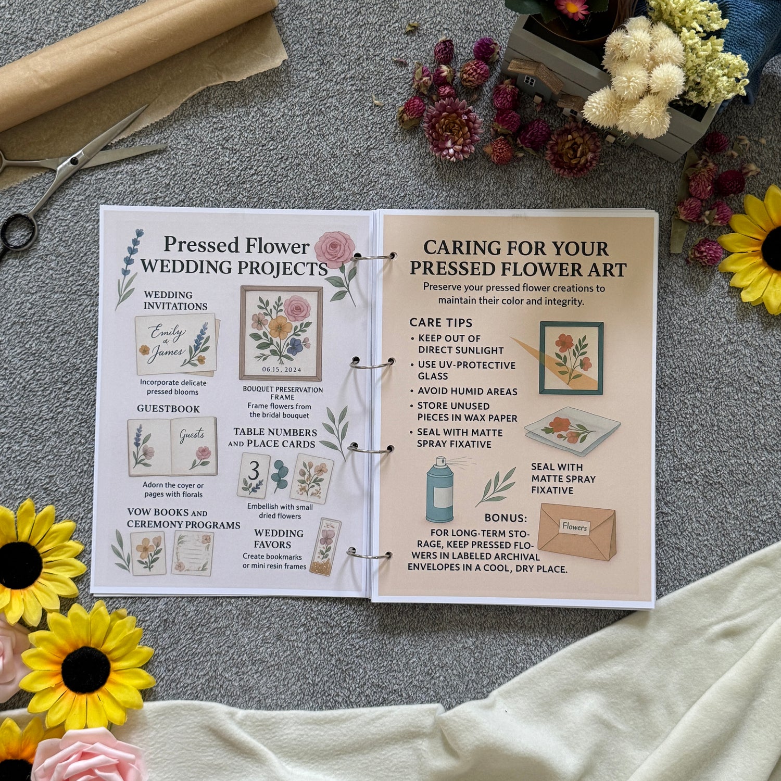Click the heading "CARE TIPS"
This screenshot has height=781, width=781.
click(440, 322)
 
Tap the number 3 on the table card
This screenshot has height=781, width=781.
click(254, 471)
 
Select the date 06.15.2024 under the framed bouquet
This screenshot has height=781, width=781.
click(282, 370)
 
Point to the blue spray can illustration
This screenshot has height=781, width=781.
click(440, 489)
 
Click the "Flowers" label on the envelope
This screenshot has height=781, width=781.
click(574, 527)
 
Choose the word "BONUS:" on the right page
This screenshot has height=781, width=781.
click(506, 518)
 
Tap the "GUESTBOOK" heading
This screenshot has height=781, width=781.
click(168, 409)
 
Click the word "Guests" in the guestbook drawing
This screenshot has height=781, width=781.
click(192, 435)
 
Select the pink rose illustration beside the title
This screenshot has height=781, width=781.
click(334, 250)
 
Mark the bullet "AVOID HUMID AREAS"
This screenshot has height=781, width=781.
click(467, 392)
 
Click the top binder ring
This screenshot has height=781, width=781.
click(373, 257)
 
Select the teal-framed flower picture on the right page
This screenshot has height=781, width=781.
click(571, 358)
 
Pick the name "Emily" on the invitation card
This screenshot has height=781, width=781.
click(166, 333)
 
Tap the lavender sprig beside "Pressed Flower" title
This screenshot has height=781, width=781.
click(127, 268)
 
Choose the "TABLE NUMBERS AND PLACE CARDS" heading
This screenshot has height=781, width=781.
click(272, 438)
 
